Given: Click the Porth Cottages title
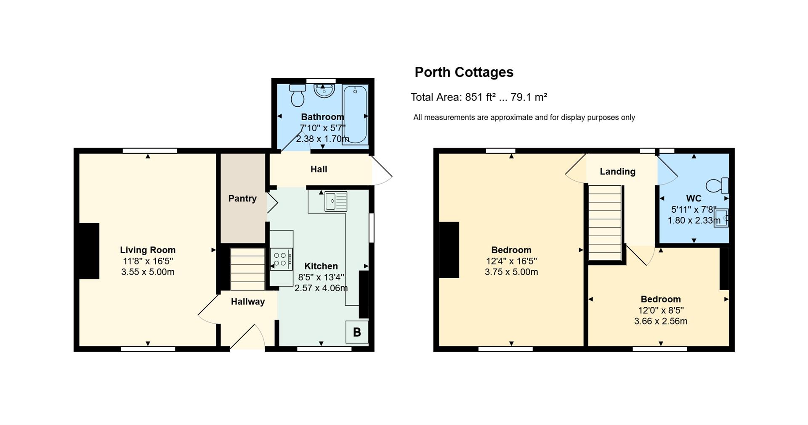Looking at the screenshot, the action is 464,72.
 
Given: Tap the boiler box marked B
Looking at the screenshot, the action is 357,332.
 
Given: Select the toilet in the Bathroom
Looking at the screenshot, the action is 298,95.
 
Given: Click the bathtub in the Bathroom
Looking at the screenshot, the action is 355,115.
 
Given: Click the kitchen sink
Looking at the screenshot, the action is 336,201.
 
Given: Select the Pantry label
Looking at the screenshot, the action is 242,198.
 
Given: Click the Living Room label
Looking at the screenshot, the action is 148,250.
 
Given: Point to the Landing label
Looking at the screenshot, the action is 617,172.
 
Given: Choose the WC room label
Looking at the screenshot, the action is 694,198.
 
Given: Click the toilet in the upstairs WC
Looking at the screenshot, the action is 718,185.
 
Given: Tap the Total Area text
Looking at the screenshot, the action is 479,97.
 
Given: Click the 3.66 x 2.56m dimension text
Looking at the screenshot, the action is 661,322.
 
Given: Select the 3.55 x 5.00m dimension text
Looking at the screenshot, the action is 148,272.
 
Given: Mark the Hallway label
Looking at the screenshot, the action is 248,301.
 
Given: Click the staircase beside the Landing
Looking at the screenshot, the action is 605,223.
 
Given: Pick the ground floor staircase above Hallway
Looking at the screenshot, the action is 247,269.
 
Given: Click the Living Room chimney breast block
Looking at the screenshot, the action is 89,251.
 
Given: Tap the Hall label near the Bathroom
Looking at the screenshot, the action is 319,169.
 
